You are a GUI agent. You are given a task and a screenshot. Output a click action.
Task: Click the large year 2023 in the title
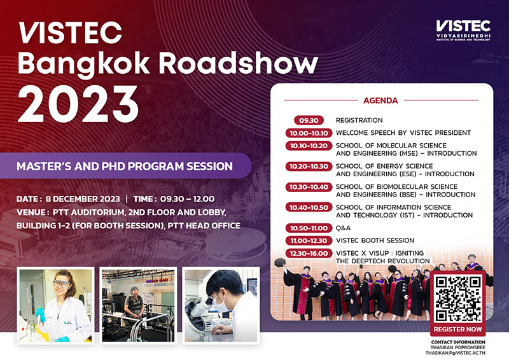[x=78, y=102]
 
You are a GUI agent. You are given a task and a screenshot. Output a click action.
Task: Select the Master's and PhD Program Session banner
[x=125, y=167]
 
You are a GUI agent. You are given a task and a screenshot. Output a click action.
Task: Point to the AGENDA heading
[x=380, y=100]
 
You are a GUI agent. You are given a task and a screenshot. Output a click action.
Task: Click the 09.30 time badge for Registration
[x=309, y=120]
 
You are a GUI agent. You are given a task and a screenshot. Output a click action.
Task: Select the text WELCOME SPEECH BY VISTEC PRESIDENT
[x=403, y=133]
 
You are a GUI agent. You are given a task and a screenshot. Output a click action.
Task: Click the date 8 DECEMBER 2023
[x=83, y=199]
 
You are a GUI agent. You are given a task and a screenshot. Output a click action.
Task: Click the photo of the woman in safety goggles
[x=56, y=305]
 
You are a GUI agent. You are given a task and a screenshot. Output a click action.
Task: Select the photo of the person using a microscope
[x=221, y=305]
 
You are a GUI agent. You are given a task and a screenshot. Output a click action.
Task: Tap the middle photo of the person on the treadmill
[x=138, y=305]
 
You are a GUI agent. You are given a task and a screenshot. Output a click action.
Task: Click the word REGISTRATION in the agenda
[x=359, y=120]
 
